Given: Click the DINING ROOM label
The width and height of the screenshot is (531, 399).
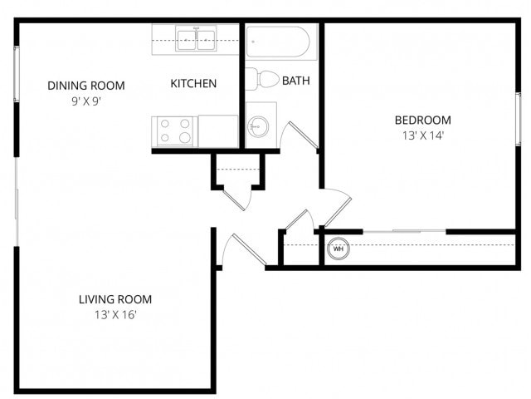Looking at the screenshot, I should click(85, 85).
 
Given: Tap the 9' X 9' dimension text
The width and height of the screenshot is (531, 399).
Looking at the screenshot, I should click(85, 101).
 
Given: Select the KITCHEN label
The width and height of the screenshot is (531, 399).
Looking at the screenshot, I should click(193, 83).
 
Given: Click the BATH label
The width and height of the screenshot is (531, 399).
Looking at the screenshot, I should click(296, 81).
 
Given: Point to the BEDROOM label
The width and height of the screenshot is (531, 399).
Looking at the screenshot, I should click(422, 120).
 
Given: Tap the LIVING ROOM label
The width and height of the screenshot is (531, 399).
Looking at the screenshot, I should click(114, 299).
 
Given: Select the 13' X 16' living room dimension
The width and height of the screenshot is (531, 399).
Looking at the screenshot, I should click(114, 315).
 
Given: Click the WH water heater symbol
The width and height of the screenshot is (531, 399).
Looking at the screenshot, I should click(339, 248).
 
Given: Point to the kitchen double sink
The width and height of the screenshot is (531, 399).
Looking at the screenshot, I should click(196, 39).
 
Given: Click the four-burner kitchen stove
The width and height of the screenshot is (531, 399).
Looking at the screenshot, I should click(174, 131).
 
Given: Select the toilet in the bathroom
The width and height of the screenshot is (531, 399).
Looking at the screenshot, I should click(264, 80).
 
